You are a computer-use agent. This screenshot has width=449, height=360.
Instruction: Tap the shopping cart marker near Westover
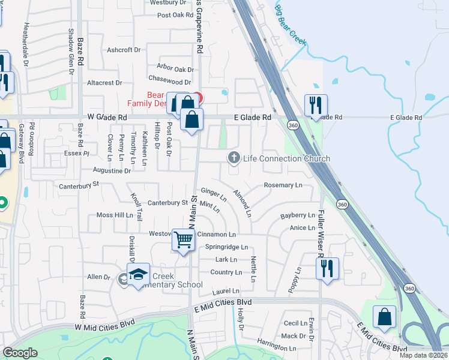coord(184,240)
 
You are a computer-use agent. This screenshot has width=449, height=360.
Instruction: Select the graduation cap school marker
coord(139,275)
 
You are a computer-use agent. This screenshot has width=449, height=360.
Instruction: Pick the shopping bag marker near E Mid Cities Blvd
coord(384,317)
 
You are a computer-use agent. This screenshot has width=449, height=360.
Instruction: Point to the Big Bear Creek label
coord(291,27)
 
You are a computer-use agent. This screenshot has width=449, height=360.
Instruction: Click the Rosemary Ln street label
coord(283,185)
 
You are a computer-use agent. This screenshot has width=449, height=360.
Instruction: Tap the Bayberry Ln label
coord(298,215)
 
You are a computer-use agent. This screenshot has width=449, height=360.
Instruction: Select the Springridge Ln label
coord(226,247)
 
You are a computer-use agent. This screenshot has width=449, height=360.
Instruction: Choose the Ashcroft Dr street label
coord(123,50)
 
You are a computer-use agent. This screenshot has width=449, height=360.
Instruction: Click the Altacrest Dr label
coord(104,82)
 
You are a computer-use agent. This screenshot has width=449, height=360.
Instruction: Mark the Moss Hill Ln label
coord(115,214)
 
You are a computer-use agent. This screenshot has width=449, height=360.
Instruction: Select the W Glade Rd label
coord(107,118)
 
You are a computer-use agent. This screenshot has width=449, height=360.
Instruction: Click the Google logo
coord(20,353)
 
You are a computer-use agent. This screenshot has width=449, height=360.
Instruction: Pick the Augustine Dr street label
coord(112,170)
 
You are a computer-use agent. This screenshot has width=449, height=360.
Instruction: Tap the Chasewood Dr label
coord(169,82)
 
